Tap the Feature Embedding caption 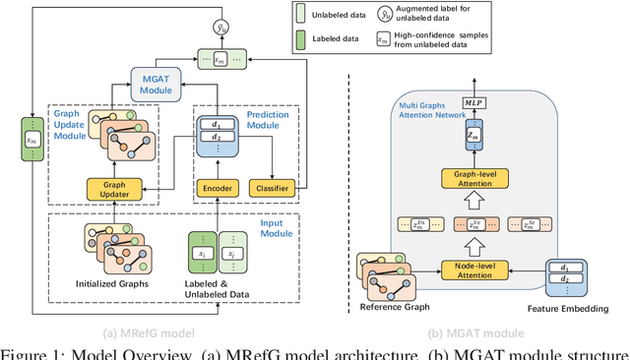point(568,309)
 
